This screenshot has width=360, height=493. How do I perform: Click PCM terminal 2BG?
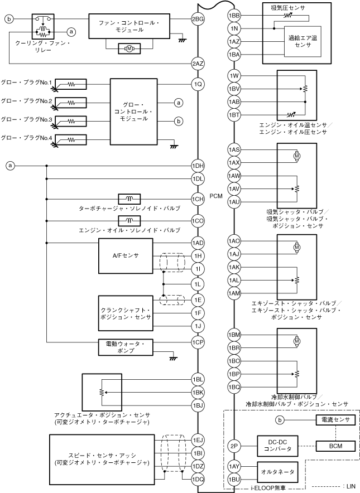[x=198, y=19]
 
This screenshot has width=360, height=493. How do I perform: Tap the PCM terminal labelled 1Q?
[x=198, y=85]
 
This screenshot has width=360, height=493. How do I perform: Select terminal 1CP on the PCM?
[x=198, y=342]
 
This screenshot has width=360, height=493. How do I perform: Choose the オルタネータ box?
[x=278, y=472]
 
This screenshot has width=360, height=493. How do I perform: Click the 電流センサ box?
[x=332, y=420]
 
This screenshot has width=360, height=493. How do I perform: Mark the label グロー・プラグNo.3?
[x=26, y=119]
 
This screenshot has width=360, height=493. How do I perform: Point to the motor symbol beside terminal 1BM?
[x=297, y=340]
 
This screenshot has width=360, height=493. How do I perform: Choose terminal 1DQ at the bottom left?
[x=198, y=478]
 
